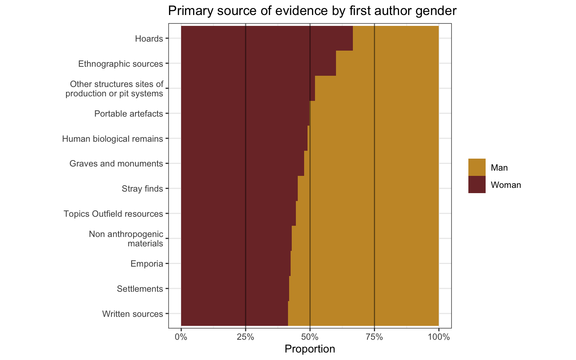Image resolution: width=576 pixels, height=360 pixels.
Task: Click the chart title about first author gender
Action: click(312, 11)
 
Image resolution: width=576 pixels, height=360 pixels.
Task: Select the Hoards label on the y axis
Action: click(149, 39)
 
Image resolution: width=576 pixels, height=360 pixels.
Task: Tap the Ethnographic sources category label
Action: click(120, 64)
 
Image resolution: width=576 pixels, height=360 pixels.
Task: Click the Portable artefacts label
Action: click(129, 114)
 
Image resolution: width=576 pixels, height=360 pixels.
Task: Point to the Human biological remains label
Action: click(112, 139)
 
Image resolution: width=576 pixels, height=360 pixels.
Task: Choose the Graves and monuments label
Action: click(116, 164)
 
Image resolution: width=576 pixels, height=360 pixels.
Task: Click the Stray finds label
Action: click(142, 189)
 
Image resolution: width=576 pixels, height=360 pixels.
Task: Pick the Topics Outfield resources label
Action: click(113, 214)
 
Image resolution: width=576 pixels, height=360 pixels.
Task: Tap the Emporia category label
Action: click(147, 264)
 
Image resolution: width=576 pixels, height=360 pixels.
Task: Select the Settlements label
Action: click(140, 289)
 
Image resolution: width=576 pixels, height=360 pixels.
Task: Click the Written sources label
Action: click(132, 314)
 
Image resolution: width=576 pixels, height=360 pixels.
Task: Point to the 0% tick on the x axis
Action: click(181, 337)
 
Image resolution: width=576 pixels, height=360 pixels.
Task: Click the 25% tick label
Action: click(246, 337)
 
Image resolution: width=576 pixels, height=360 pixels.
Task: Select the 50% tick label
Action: click(310, 337)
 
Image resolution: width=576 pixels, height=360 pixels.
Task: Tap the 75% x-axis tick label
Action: click(374, 337)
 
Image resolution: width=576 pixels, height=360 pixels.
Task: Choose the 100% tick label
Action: click(439, 337)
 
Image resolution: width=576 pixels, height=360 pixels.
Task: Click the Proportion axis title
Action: click(310, 349)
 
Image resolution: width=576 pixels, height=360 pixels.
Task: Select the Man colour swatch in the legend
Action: click(477, 167)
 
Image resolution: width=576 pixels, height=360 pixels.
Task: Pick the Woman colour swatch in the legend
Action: click(477, 184)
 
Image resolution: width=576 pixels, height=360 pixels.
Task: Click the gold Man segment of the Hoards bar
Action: click(396, 38)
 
